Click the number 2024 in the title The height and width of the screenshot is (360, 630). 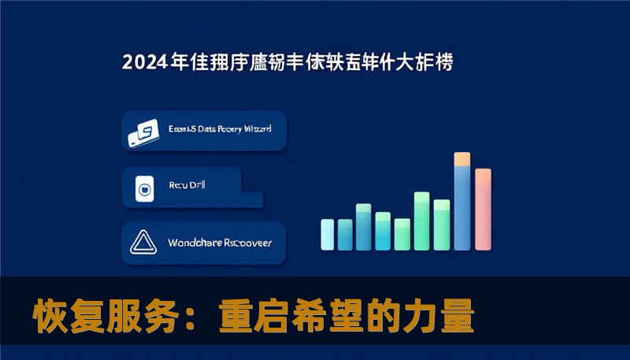(x=144, y=62)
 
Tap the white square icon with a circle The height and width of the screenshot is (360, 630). (x=144, y=188)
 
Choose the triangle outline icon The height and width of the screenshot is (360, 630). (x=144, y=243)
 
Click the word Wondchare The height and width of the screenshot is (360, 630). (x=195, y=243)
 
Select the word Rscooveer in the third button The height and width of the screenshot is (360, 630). (x=247, y=243)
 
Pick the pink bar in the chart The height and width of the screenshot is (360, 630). (x=483, y=209)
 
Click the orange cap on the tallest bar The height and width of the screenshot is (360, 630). (x=462, y=159)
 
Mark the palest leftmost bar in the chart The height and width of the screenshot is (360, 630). (x=327, y=234)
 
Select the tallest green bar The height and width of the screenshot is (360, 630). (x=421, y=220)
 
